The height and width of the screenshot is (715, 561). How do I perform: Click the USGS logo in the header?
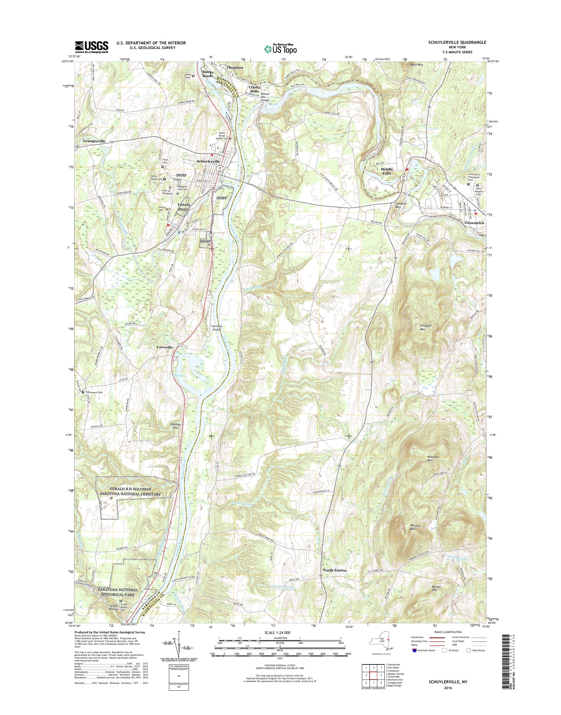92,47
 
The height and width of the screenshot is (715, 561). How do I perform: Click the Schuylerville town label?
208,162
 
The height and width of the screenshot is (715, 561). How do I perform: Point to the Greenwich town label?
475,223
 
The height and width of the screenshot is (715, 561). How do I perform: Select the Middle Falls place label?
387,171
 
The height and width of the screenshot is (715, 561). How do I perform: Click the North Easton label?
334,570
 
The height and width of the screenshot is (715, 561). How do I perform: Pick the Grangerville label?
94,141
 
